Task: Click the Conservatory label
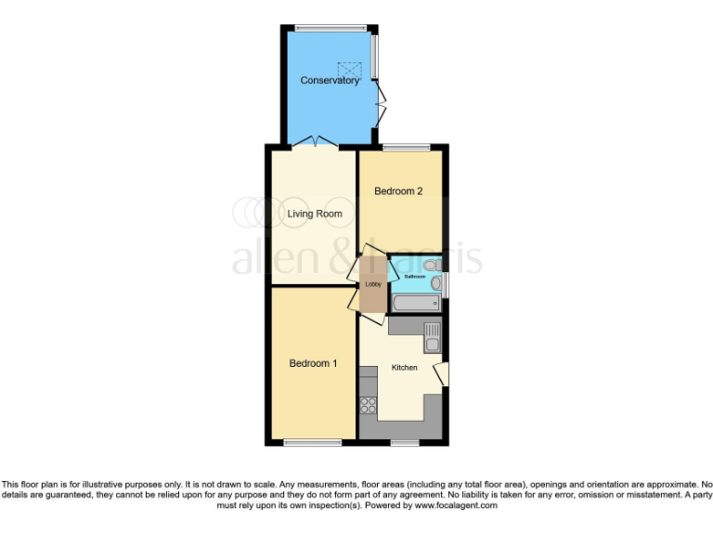click(x=330, y=81)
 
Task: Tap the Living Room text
click(x=315, y=214)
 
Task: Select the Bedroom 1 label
click(x=313, y=363)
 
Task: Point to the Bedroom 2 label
click(x=398, y=191)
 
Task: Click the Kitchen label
click(x=404, y=368)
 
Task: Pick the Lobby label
click(x=372, y=284)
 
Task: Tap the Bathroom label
click(x=414, y=277)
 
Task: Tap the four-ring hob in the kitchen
click(x=368, y=405)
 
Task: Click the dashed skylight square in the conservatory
click(x=350, y=70)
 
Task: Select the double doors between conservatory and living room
click(x=314, y=142)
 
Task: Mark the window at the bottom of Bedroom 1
click(x=312, y=442)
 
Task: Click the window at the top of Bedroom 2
click(x=406, y=146)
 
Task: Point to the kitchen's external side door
click(x=443, y=373)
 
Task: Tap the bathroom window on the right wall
click(x=446, y=285)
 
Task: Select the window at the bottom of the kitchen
click(x=404, y=442)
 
